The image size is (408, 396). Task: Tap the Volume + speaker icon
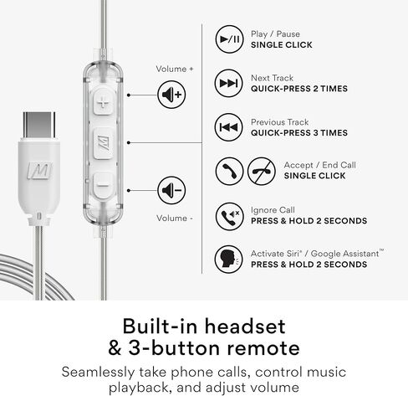coord(171,95)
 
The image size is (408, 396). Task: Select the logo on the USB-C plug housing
coord(39,172)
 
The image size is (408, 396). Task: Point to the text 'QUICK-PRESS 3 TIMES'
coord(298,132)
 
